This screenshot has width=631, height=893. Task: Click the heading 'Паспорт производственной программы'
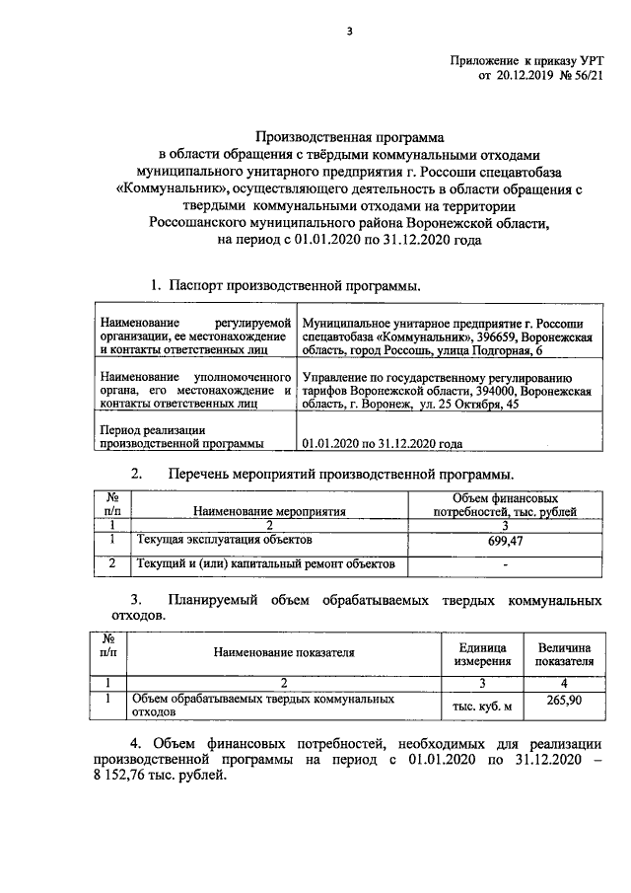(x=294, y=285)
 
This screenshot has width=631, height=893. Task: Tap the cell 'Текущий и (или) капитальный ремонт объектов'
(x=265, y=564)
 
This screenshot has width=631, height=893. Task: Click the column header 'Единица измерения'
(x=482, y=653)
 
